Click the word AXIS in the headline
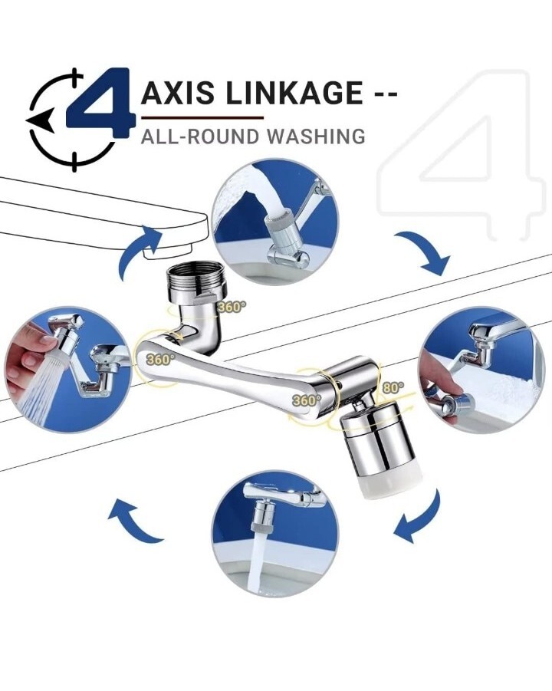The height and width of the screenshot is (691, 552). tap(178, 93)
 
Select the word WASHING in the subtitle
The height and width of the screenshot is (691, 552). tap(317, 137)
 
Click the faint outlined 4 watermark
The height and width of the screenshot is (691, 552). tap(459, 154)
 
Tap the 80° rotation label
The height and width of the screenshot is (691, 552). tap(393, 388)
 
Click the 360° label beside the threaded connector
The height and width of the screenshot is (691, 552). tap(232, 307)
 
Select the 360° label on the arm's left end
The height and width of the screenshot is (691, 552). tap(159, 360)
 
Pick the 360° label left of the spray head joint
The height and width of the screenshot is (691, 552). tap(307, 400)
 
